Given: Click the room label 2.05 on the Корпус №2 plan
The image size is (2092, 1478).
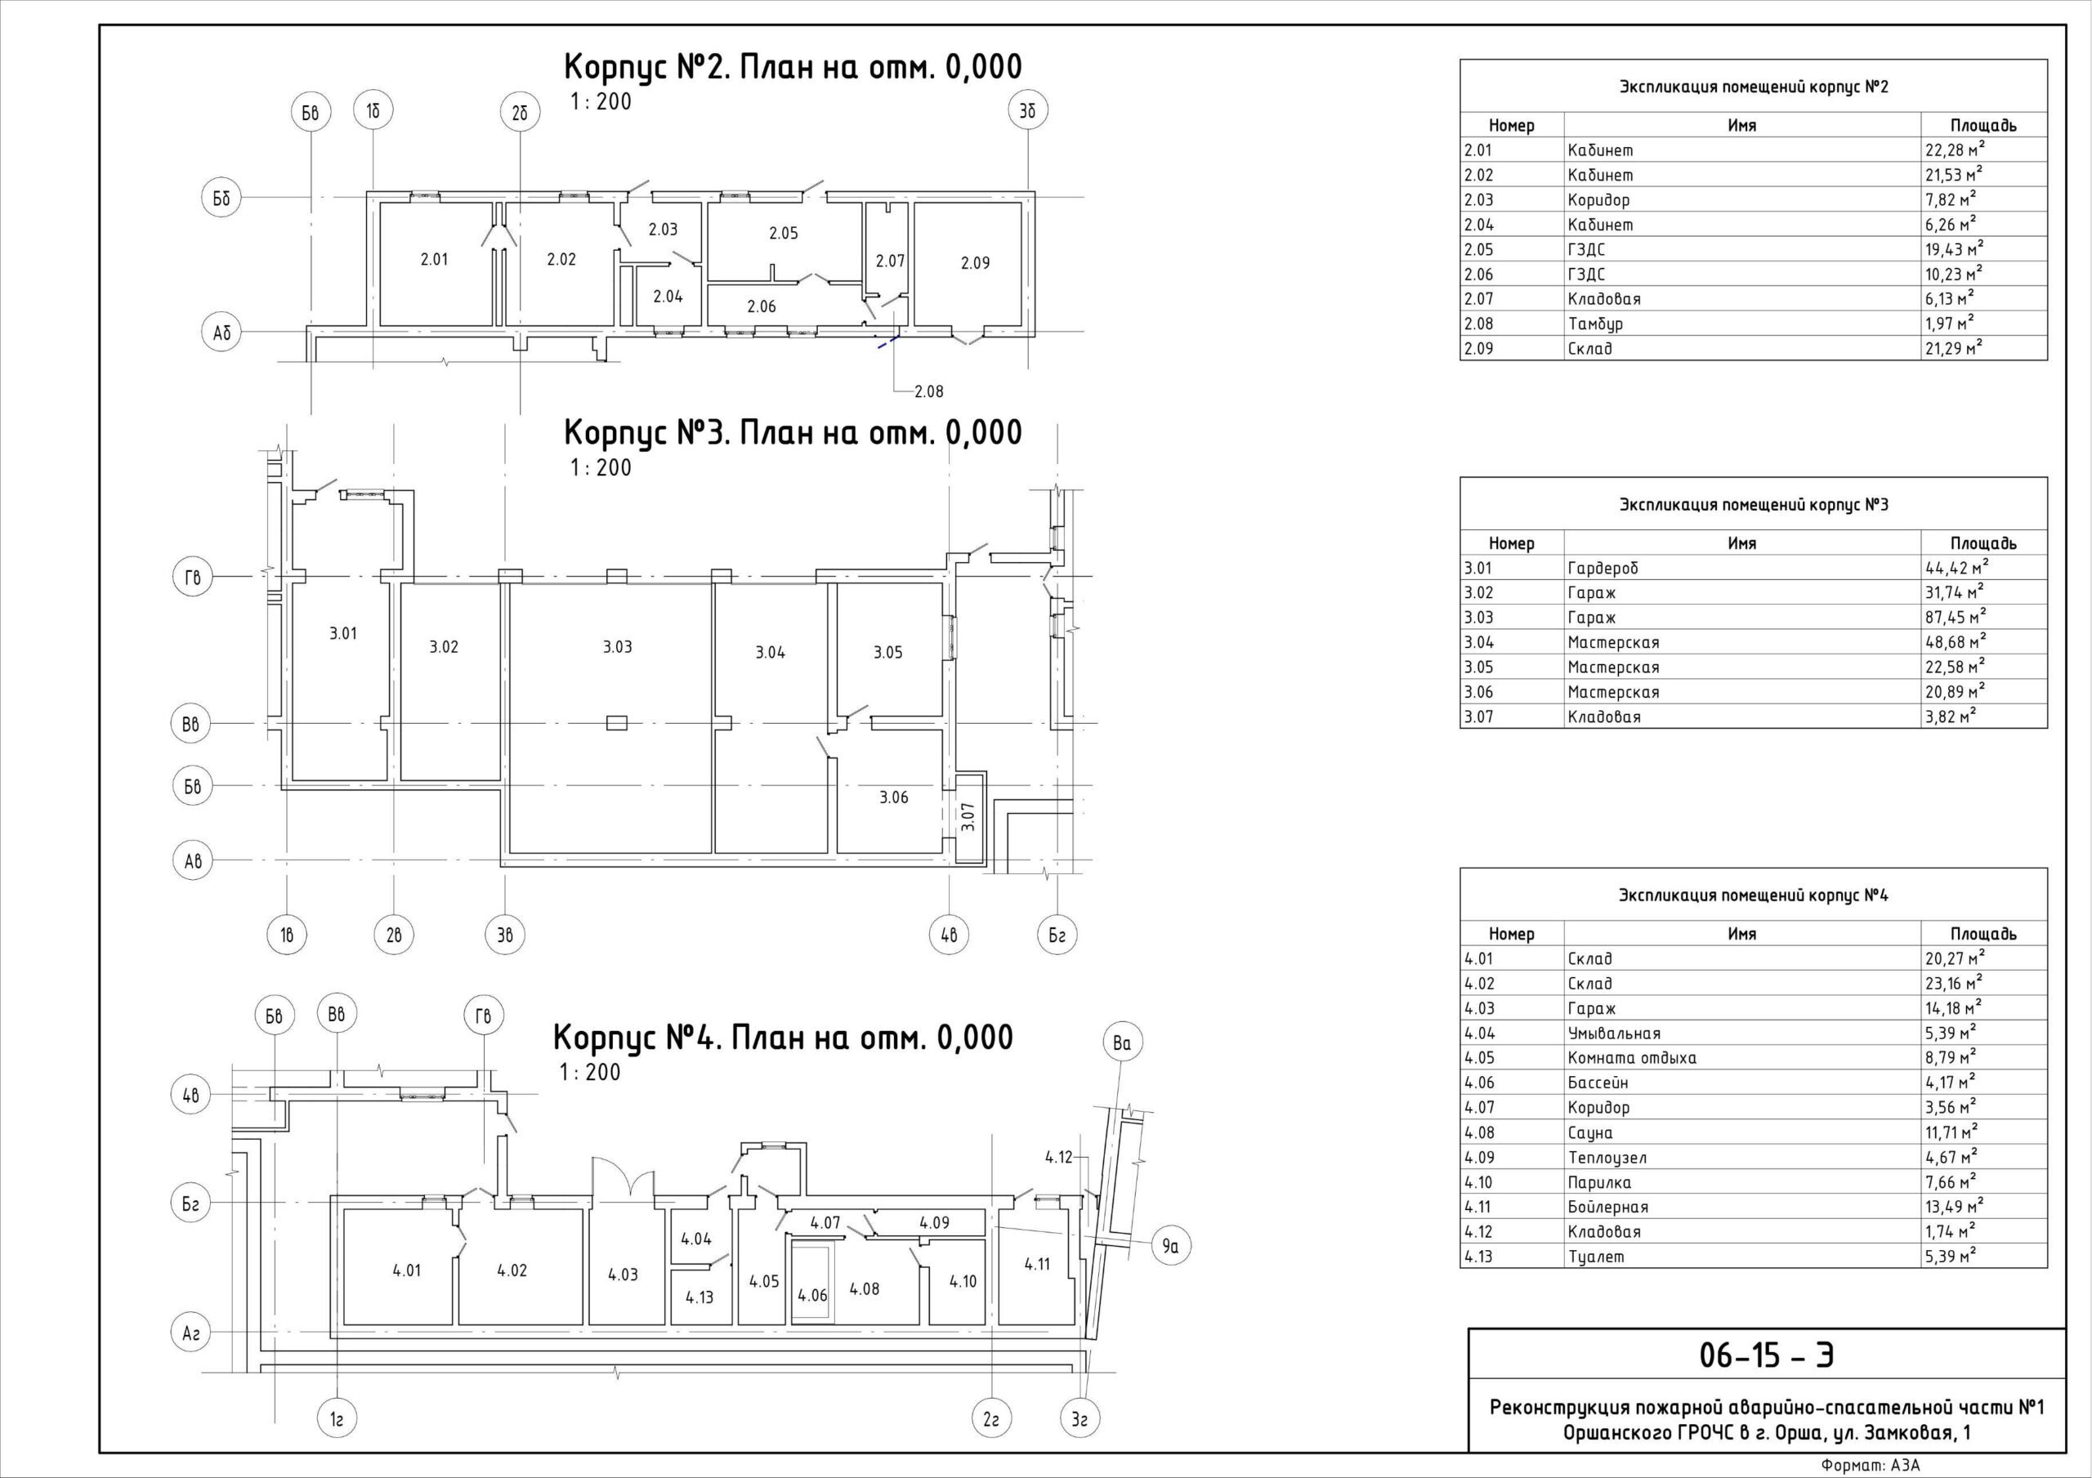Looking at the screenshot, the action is [x=783, y=234].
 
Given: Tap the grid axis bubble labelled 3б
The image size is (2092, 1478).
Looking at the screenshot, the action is [x=1029, y=111].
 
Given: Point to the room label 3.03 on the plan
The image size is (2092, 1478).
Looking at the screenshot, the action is [x=617, y=647].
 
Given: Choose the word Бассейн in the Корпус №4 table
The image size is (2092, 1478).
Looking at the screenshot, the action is [x=1598, y=1083].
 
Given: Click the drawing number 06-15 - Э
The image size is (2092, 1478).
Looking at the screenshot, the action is [x=1767, y=1354].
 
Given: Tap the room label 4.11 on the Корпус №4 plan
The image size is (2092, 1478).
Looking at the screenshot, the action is [x=1037, y=1264].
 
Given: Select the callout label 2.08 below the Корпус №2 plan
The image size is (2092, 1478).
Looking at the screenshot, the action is [x=928, y=392].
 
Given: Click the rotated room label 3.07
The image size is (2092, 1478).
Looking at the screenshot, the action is [x=968, y=815].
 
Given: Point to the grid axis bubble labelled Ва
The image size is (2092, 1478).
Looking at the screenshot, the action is [x=1122, y=1044].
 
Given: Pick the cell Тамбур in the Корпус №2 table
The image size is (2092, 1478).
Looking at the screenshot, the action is [x=1595, y=324].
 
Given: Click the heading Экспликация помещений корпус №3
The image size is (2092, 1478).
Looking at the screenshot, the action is [x=1753, y=505].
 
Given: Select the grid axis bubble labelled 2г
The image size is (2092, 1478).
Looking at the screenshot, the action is [x=991, y=1419].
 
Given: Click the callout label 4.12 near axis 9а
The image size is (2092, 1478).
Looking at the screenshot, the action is [x=1059, y=1157].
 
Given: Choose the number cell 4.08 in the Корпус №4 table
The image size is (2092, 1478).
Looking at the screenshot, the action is [x=1480, y=1132].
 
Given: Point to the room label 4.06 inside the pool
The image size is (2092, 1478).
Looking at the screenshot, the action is [x=811, y=1295].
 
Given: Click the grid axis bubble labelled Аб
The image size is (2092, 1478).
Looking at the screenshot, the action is [x=221, y=333].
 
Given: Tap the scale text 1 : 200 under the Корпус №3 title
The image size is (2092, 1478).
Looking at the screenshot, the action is [x=601, y=467].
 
